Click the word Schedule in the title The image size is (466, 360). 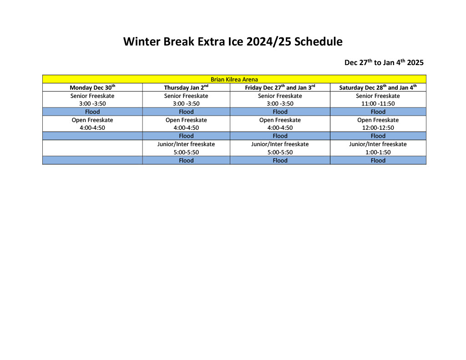318,41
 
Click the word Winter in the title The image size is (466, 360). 142,41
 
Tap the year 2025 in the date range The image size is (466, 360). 415,62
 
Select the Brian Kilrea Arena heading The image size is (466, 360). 234,79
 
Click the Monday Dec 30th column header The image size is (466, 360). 92,87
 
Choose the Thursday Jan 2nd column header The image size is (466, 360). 186,87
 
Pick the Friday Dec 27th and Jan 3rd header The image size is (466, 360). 280,87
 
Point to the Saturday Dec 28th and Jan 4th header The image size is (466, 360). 378,87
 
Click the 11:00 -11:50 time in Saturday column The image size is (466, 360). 378,103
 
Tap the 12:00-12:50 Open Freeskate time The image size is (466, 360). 378,127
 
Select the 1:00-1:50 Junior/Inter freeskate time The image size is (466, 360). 378,152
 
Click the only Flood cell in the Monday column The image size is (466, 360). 92,112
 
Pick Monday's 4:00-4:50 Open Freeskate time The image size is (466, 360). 92,127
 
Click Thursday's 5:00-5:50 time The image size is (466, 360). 186,152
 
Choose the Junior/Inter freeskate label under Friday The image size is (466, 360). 280,144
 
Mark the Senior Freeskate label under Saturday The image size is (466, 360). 378,96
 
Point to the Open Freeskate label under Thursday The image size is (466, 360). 186,120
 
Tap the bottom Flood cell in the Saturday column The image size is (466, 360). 378,160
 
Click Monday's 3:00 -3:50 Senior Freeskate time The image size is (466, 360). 92,103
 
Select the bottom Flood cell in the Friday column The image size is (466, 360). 280,160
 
